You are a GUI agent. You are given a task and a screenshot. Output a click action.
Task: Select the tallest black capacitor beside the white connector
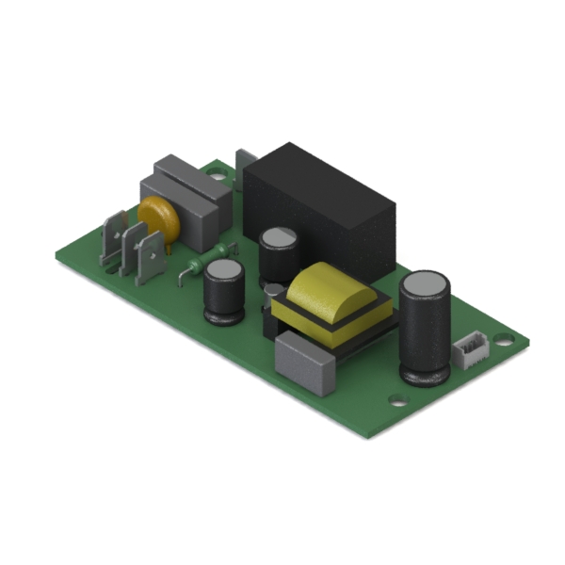426,330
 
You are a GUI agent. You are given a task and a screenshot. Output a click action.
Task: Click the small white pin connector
469,350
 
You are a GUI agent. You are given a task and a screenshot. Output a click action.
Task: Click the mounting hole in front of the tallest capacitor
399,399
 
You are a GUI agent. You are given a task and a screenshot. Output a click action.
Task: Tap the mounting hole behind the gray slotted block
218,173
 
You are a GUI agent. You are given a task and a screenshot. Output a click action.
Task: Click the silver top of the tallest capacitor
426,282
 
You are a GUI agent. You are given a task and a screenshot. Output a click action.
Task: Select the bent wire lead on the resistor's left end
182,275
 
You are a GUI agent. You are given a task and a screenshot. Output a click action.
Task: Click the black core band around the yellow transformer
330,325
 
